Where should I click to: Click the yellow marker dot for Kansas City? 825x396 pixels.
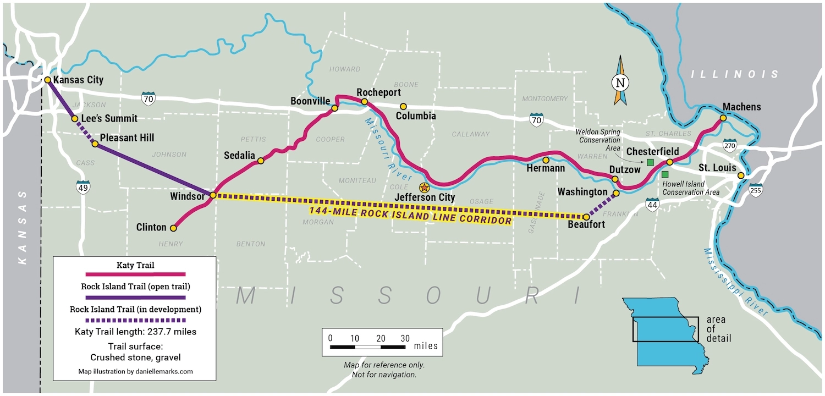coord(48,80)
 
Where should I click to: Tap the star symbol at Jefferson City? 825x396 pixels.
coord(424,188)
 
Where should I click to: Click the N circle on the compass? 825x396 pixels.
coord(620,82)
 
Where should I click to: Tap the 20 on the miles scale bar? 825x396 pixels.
coord(381,338)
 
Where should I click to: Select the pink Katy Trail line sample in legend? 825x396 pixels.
coord(135,274)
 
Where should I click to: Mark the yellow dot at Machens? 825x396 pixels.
coord(723,118)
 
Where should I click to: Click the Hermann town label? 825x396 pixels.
coord(546,168)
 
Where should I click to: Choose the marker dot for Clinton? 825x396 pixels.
coord(173,228)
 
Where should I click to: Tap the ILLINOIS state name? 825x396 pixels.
coord(736,74)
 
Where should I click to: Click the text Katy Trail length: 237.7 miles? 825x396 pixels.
coord(135,332)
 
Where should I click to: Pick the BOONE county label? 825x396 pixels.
coord(406,85)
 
